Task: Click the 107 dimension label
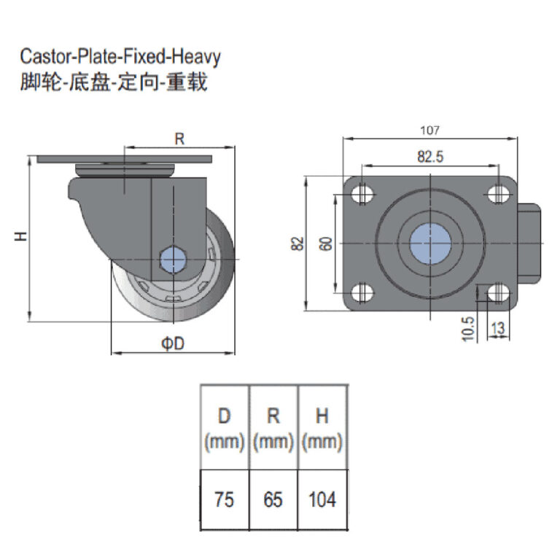(x=430, y=131)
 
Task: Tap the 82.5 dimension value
(x=431, y=155)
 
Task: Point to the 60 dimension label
(x=325, y=244)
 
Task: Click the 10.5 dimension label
(x=468, y=328)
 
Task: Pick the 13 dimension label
(x=497, y=329)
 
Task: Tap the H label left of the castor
(x=21, y=236)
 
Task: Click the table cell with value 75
(x=225, y=500)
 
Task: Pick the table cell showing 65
(x=273, y=500)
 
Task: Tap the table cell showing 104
(x=322, y=500)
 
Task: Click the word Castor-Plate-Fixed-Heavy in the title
(x=120, y=56)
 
